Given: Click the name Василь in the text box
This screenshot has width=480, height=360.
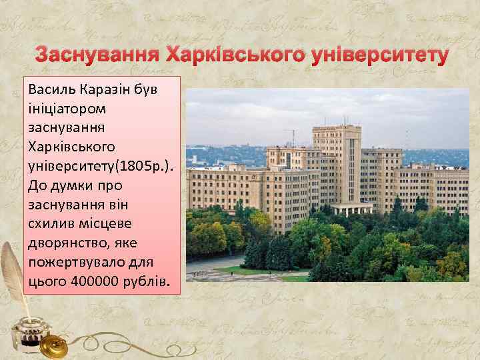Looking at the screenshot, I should tap(52, 89).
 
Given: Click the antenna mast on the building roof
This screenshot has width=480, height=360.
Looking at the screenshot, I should tap(290, 137).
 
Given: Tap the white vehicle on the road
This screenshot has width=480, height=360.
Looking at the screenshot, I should tap(197, 273).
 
